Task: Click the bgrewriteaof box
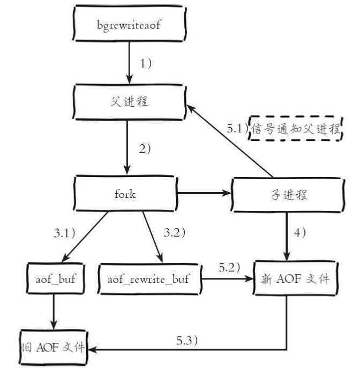coord(129,24)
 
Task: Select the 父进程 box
coord(129,102)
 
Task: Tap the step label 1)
coord(146,63)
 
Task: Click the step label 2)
coord(146,150)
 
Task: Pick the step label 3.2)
coord(173,233)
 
